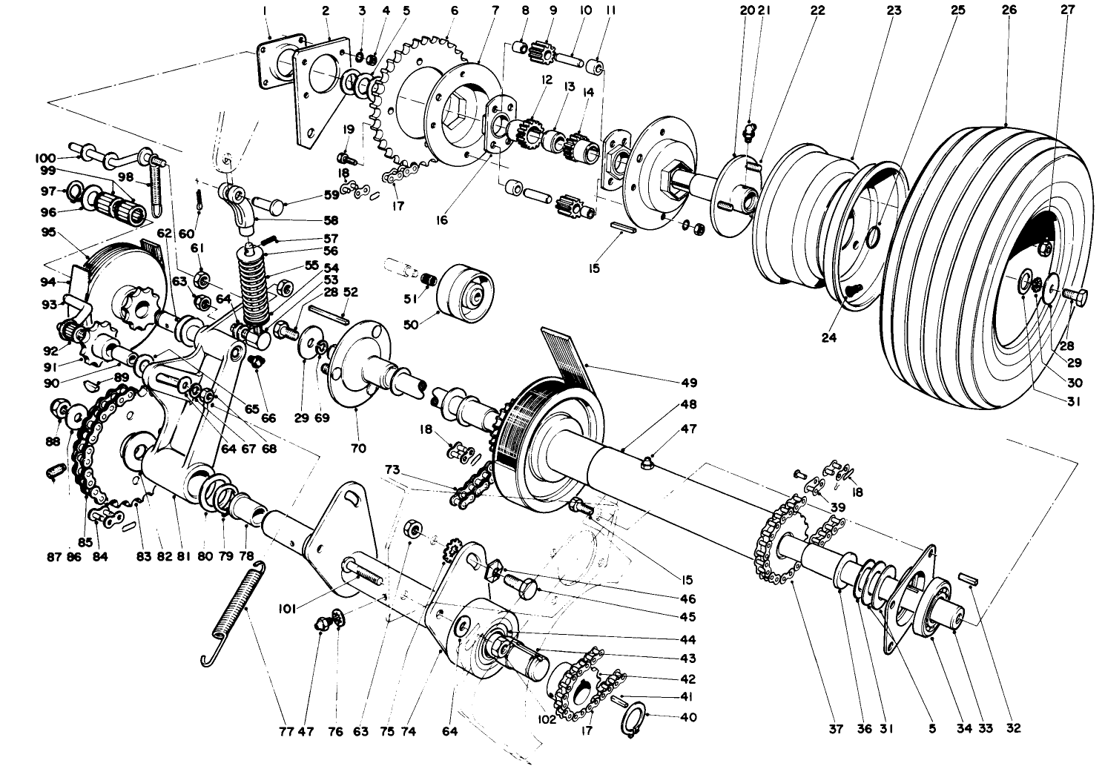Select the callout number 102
547,719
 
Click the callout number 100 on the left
45,158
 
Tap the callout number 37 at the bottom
837,729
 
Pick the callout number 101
288,609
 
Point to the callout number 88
52,441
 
